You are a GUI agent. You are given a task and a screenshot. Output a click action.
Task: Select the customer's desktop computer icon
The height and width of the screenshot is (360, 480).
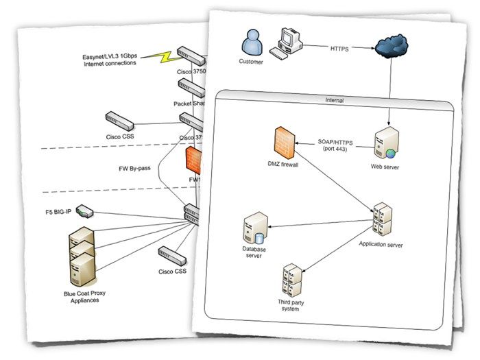tap(287, 43)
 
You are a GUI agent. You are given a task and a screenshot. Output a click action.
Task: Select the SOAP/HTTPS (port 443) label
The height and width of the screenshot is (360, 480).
tap(336, 143)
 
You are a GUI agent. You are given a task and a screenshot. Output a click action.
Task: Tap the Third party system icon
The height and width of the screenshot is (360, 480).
tap(292, 278)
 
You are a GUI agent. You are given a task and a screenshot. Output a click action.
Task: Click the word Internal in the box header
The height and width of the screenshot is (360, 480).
tap(335, 101)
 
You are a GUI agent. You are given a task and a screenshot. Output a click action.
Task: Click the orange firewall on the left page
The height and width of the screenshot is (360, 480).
tap(194, 161)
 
